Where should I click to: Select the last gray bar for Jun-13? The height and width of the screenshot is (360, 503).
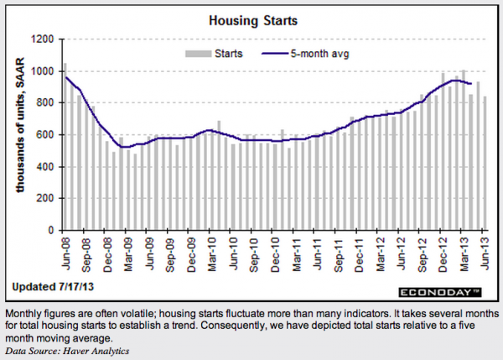click(x=485, y=164)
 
